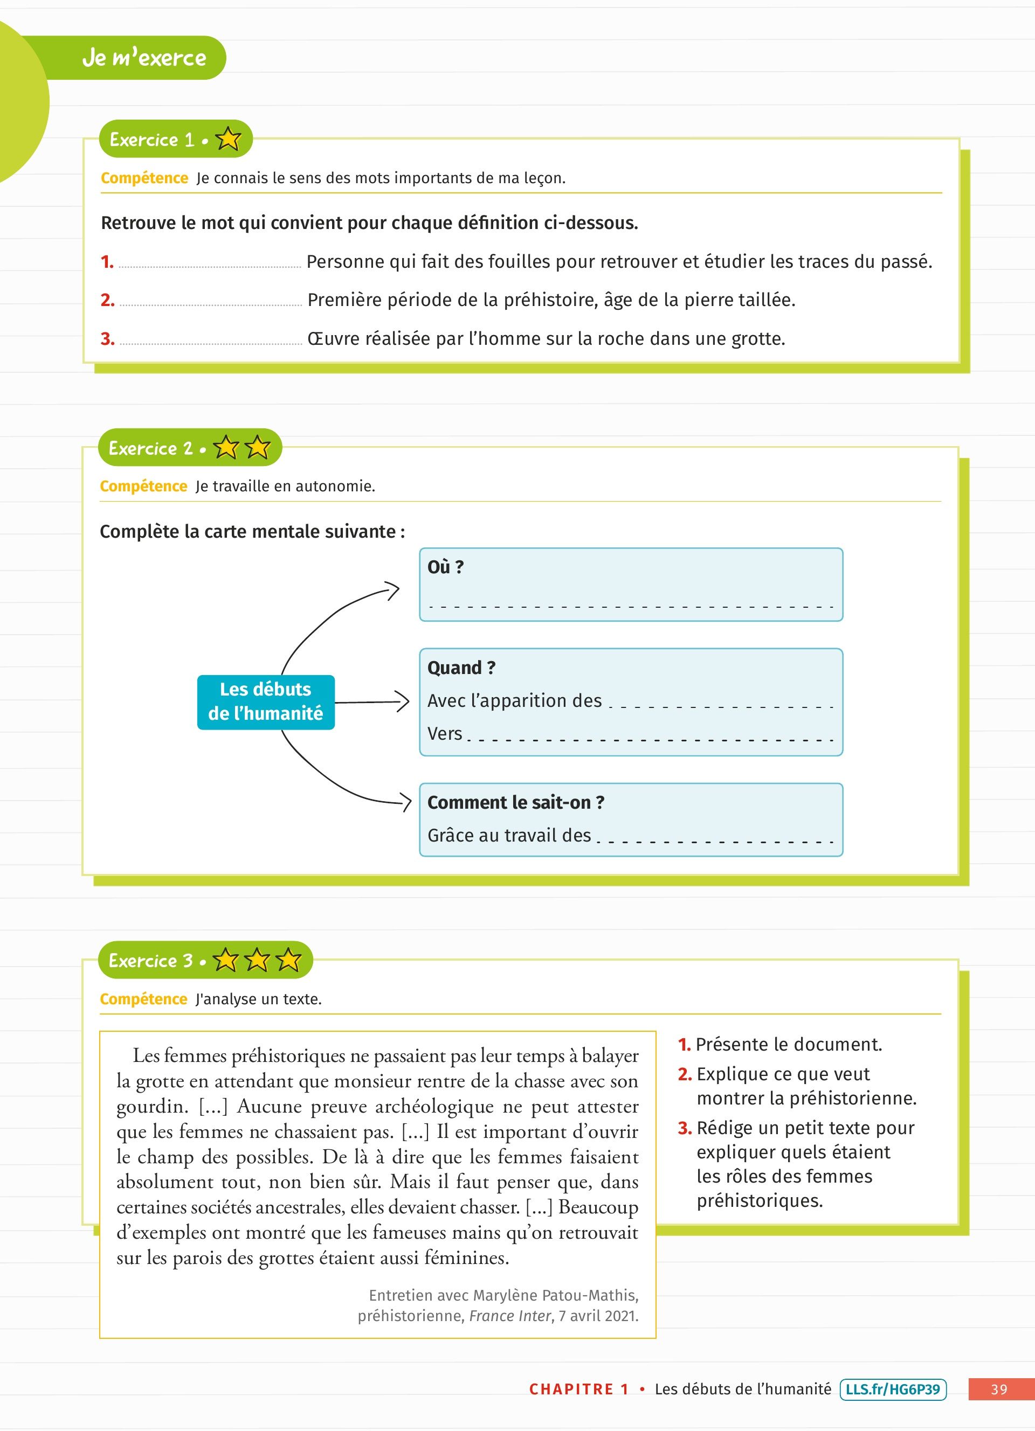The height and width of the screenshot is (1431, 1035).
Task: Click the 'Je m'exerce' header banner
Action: (x=144, y=58)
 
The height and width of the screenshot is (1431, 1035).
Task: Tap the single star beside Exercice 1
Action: (x=228, y=140)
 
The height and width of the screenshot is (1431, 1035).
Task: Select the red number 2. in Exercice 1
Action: (x=107, y=300)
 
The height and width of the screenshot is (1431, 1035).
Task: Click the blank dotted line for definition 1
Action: (x=210, y=265)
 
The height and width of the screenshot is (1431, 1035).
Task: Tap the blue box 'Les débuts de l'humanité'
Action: (x=266, y=701)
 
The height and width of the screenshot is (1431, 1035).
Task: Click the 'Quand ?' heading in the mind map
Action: (x=461, y=668)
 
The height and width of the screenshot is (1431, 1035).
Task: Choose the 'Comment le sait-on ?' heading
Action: (x=515, y=803)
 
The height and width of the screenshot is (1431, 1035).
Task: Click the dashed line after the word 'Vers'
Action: (x=650, y=738)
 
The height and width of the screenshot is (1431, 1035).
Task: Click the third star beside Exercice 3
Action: (x=288, y=960)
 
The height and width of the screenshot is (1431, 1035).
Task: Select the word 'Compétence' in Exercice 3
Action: (x=144, y=999)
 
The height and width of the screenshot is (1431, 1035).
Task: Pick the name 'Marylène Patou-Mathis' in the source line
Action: (x=555, y=1295)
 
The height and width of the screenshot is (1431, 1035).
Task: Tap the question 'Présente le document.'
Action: (x=788, y=1045)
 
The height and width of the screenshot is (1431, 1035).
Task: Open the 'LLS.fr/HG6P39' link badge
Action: (x=892, y=1389)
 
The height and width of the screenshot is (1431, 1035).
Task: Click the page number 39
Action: (x=999, y=1390)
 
